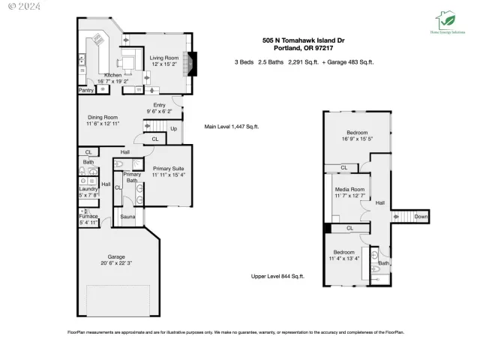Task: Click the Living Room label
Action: tap(164, 58)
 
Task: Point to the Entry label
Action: tap(159, 105)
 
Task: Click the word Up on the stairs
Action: tap(174, 127)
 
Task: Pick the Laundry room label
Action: tap(88, 189)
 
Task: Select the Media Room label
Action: tap(349, 189)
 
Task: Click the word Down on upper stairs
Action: tap(421, 216)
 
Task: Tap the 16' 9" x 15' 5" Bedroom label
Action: tap(356, 133)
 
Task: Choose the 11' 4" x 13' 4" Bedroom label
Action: tap(344, 251)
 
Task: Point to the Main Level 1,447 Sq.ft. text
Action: tap(232, 127)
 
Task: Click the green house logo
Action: tap(445, 18)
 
